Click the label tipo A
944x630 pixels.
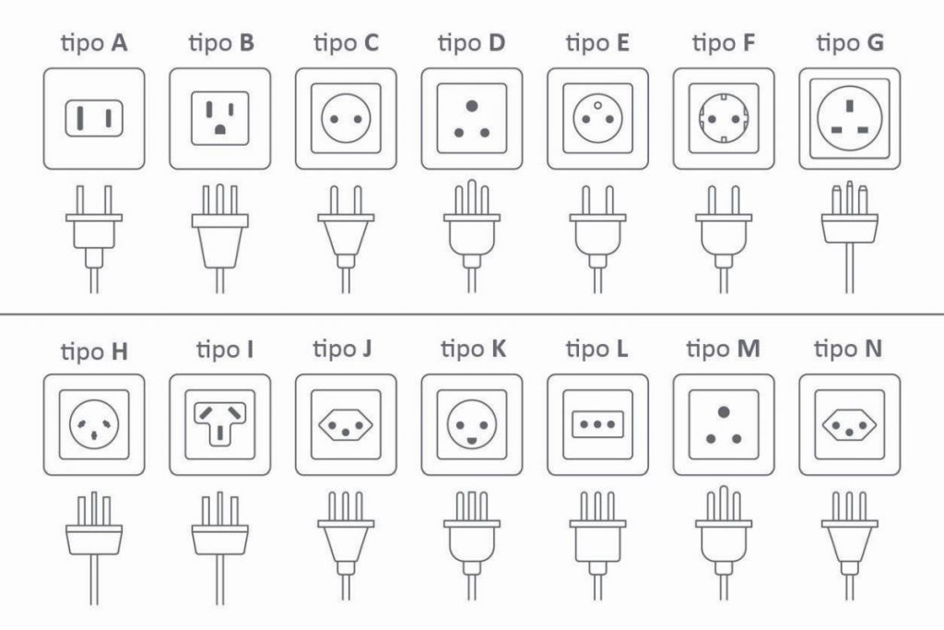(94, 43)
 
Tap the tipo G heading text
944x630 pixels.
(849, 43)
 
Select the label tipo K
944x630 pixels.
(473, 349)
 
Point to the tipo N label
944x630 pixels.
(848, 349)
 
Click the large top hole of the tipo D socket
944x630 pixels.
(472, 106)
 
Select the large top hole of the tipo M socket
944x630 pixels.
(724, 412)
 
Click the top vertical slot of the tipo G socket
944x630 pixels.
(849, 107)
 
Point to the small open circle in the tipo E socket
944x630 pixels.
(597, 105)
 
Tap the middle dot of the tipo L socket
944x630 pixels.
(597, 424)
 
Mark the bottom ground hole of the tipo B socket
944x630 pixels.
(220, 129)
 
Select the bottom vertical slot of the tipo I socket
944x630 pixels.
(220, 433)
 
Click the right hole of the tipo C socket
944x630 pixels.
(359, 119)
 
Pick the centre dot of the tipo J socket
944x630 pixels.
(346, 432)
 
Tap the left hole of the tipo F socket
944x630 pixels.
(713, 119)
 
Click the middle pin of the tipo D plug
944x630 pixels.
(472, 197)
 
